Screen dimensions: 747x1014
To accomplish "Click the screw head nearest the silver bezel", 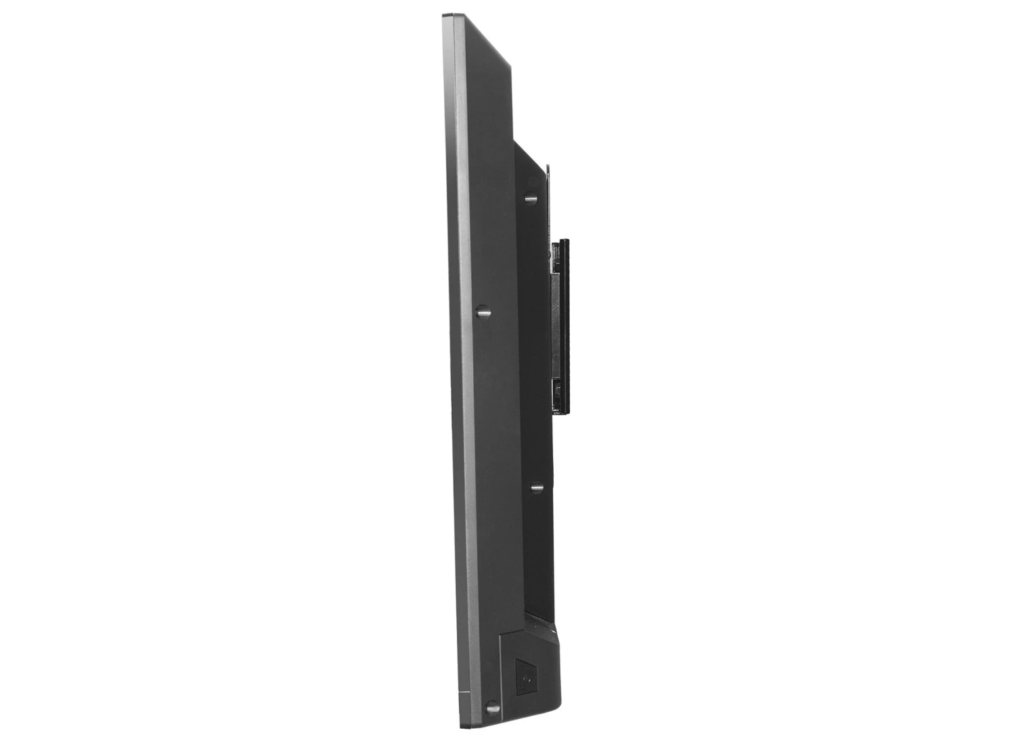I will click(483, 312).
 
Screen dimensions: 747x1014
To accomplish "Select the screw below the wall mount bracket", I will click(537, 487).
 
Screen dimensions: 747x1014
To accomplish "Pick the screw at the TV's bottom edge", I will click(493, 708).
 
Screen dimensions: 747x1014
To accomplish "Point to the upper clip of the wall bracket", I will click(556, 258).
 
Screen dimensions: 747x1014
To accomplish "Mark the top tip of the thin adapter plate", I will click(548, 166).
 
